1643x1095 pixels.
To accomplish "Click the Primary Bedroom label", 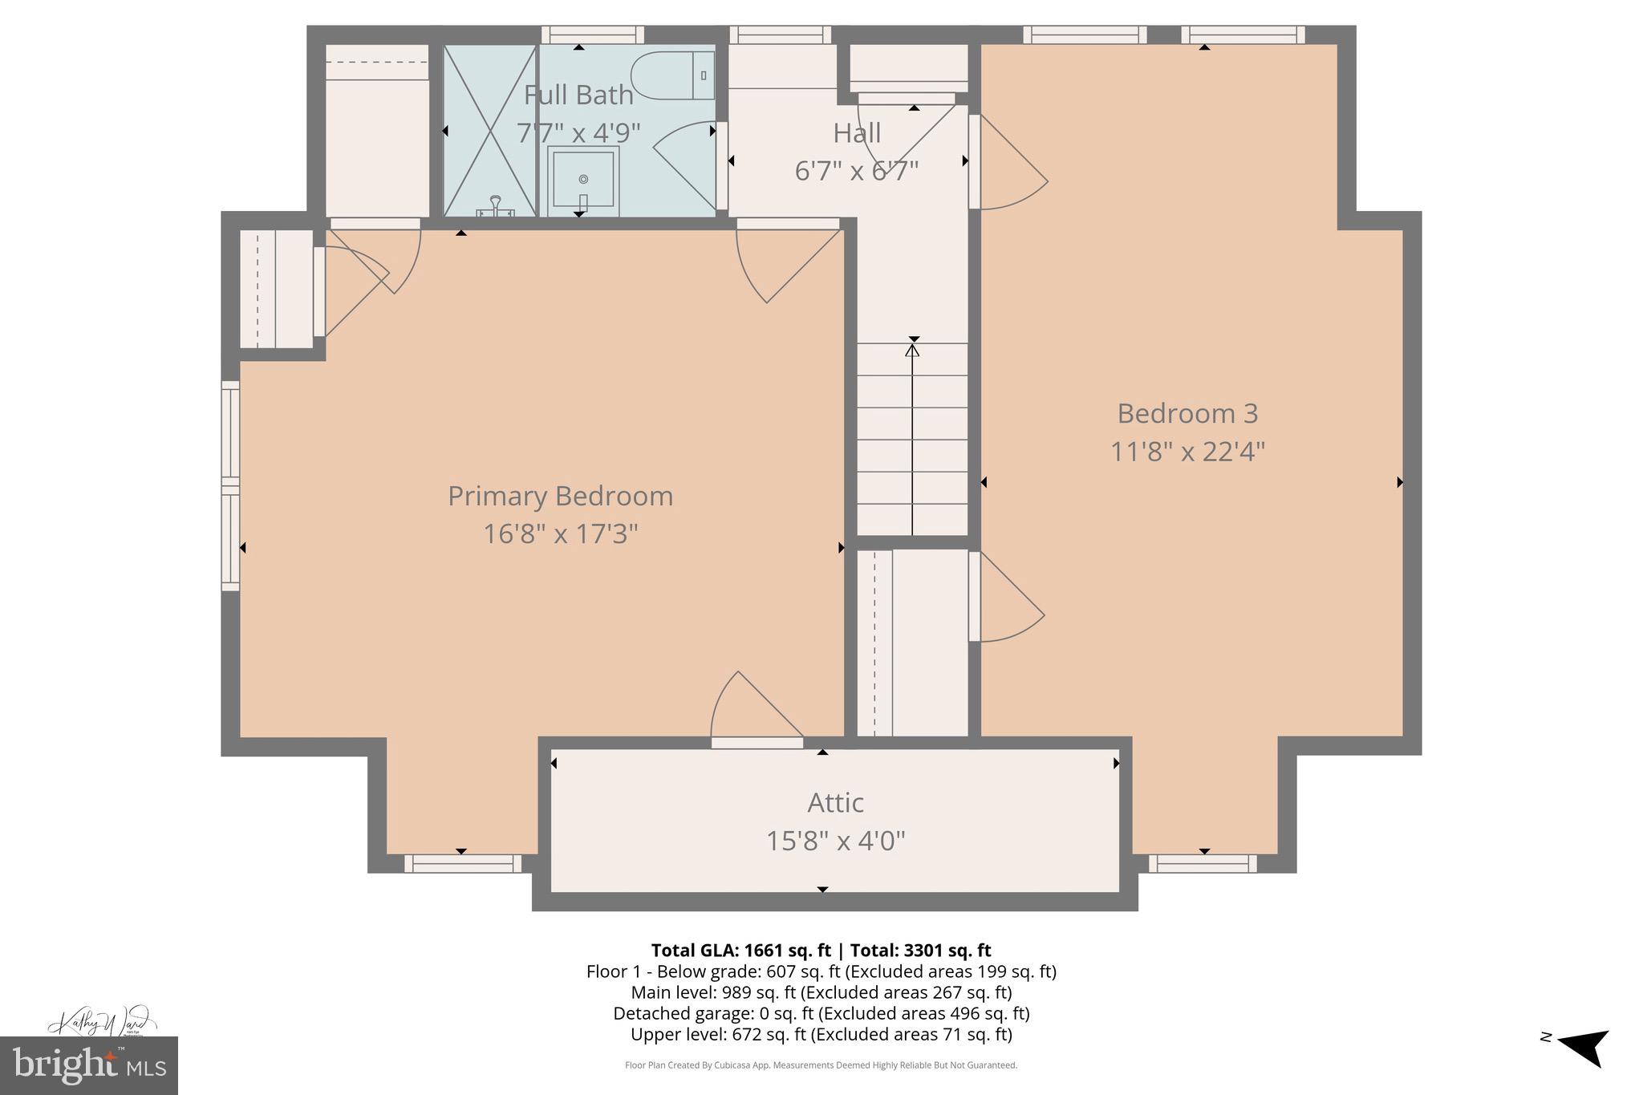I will pos(560,496).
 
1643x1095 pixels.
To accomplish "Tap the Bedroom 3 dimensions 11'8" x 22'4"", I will pos(1187,452).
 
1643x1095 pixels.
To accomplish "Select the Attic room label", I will pos(835,803).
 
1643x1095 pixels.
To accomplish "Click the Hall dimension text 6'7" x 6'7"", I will pos(856,171).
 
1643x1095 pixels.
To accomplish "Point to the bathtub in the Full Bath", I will pos(672,75).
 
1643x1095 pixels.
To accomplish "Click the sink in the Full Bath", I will pos(583,180).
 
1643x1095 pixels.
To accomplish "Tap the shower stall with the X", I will pos(489,130).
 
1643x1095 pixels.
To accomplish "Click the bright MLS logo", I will pos(88,1065).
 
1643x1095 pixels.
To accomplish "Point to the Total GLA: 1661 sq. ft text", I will pos(740,951).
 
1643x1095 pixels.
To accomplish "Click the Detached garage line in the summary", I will pos(821,1013).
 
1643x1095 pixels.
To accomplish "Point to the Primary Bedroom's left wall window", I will pos(230,485).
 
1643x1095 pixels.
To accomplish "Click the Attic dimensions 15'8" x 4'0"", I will pos(835,841).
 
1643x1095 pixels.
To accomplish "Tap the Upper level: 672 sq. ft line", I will pos(821,1034).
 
